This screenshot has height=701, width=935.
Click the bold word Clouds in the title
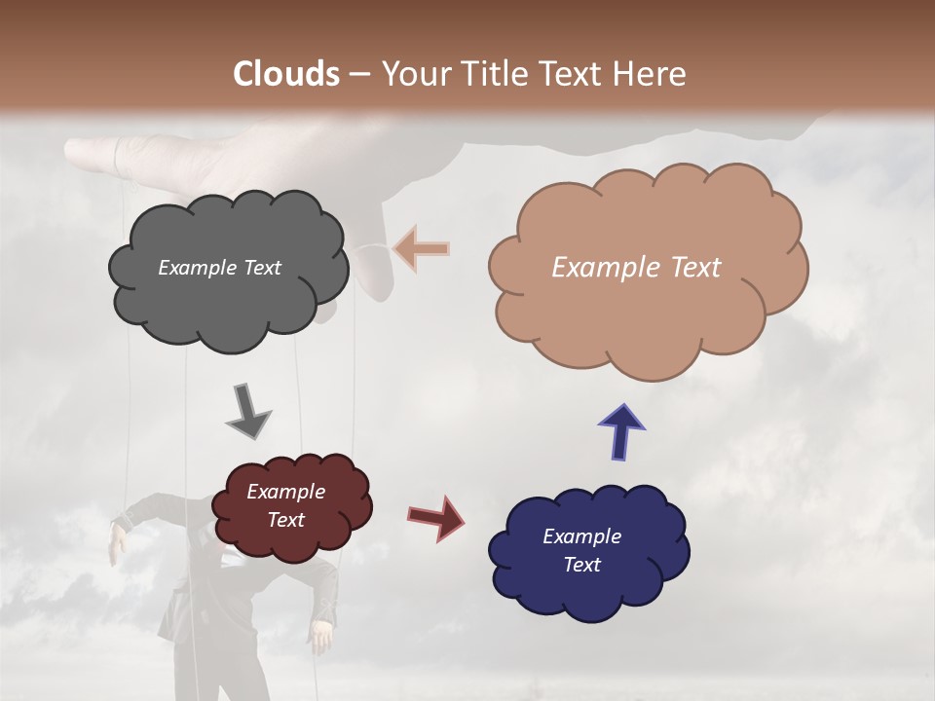[286, 73]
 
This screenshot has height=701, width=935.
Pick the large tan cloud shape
[647, 312]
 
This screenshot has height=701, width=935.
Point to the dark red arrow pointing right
[435, 517]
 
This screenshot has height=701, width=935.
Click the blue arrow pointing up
[621, 431]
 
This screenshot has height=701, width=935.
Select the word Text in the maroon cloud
[286, 520]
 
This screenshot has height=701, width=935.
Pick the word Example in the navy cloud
[581, 536]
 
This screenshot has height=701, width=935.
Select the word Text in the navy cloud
[581, 565]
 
